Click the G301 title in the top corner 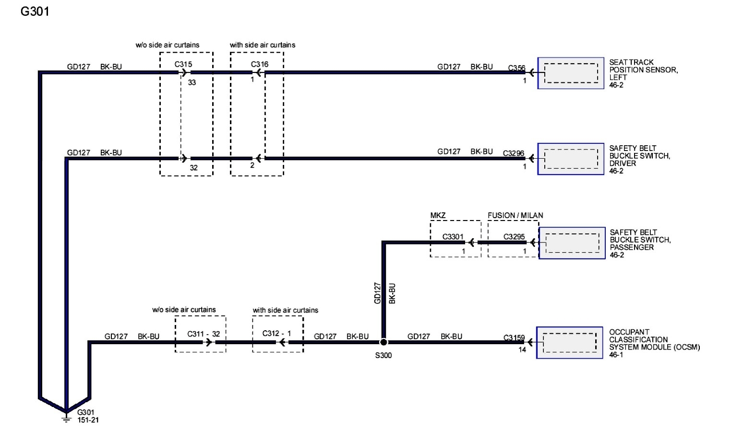(x=35, y=11)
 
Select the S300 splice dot (x=384, y=342)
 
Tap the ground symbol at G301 (x=66, y=418)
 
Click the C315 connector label (x=183, y=64)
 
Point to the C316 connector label (x=260, y=64)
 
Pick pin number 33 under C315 (x=192, y=82)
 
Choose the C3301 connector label (x=453, y=236)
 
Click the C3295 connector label (x=514, y=236)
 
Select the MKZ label (x=438, y=216)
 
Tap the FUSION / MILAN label (x=516, y=216)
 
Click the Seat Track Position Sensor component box (x=571, y=73)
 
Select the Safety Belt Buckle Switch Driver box (x=571, y=159)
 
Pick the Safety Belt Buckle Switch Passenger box (x=572, y=243)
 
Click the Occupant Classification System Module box (x=570, y=343)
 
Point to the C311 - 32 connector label (x=204, y=334)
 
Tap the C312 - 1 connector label (x=276, y=333)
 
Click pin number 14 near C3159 (x=522, y=350)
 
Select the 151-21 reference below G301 (x=88, y=420)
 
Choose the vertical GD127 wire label (x=377, y=293)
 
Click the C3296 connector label (x=514, y=153)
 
